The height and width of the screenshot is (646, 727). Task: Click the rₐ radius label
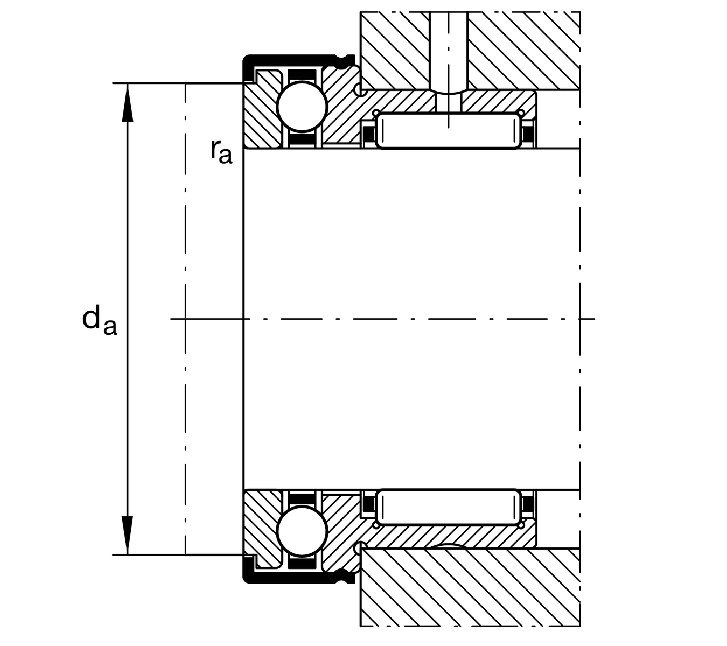tap(221, 151)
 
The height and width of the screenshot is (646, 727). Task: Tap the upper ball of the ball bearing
tap(302, 106)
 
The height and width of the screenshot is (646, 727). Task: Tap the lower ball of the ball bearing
tap(302, 531)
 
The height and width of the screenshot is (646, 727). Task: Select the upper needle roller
tap(449, 131)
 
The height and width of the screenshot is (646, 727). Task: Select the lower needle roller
tap(449, 507)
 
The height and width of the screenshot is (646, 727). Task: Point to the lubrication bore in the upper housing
tap(449, 48)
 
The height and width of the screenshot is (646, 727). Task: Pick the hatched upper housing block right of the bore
tap(522, 48)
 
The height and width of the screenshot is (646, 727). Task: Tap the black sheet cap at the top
tap(291, 58)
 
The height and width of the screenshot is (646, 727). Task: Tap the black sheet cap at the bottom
tap(291, 579)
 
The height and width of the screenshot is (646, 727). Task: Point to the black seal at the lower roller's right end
tap(528, 505)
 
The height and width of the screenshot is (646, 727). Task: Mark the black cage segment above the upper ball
tap(302, 75)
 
